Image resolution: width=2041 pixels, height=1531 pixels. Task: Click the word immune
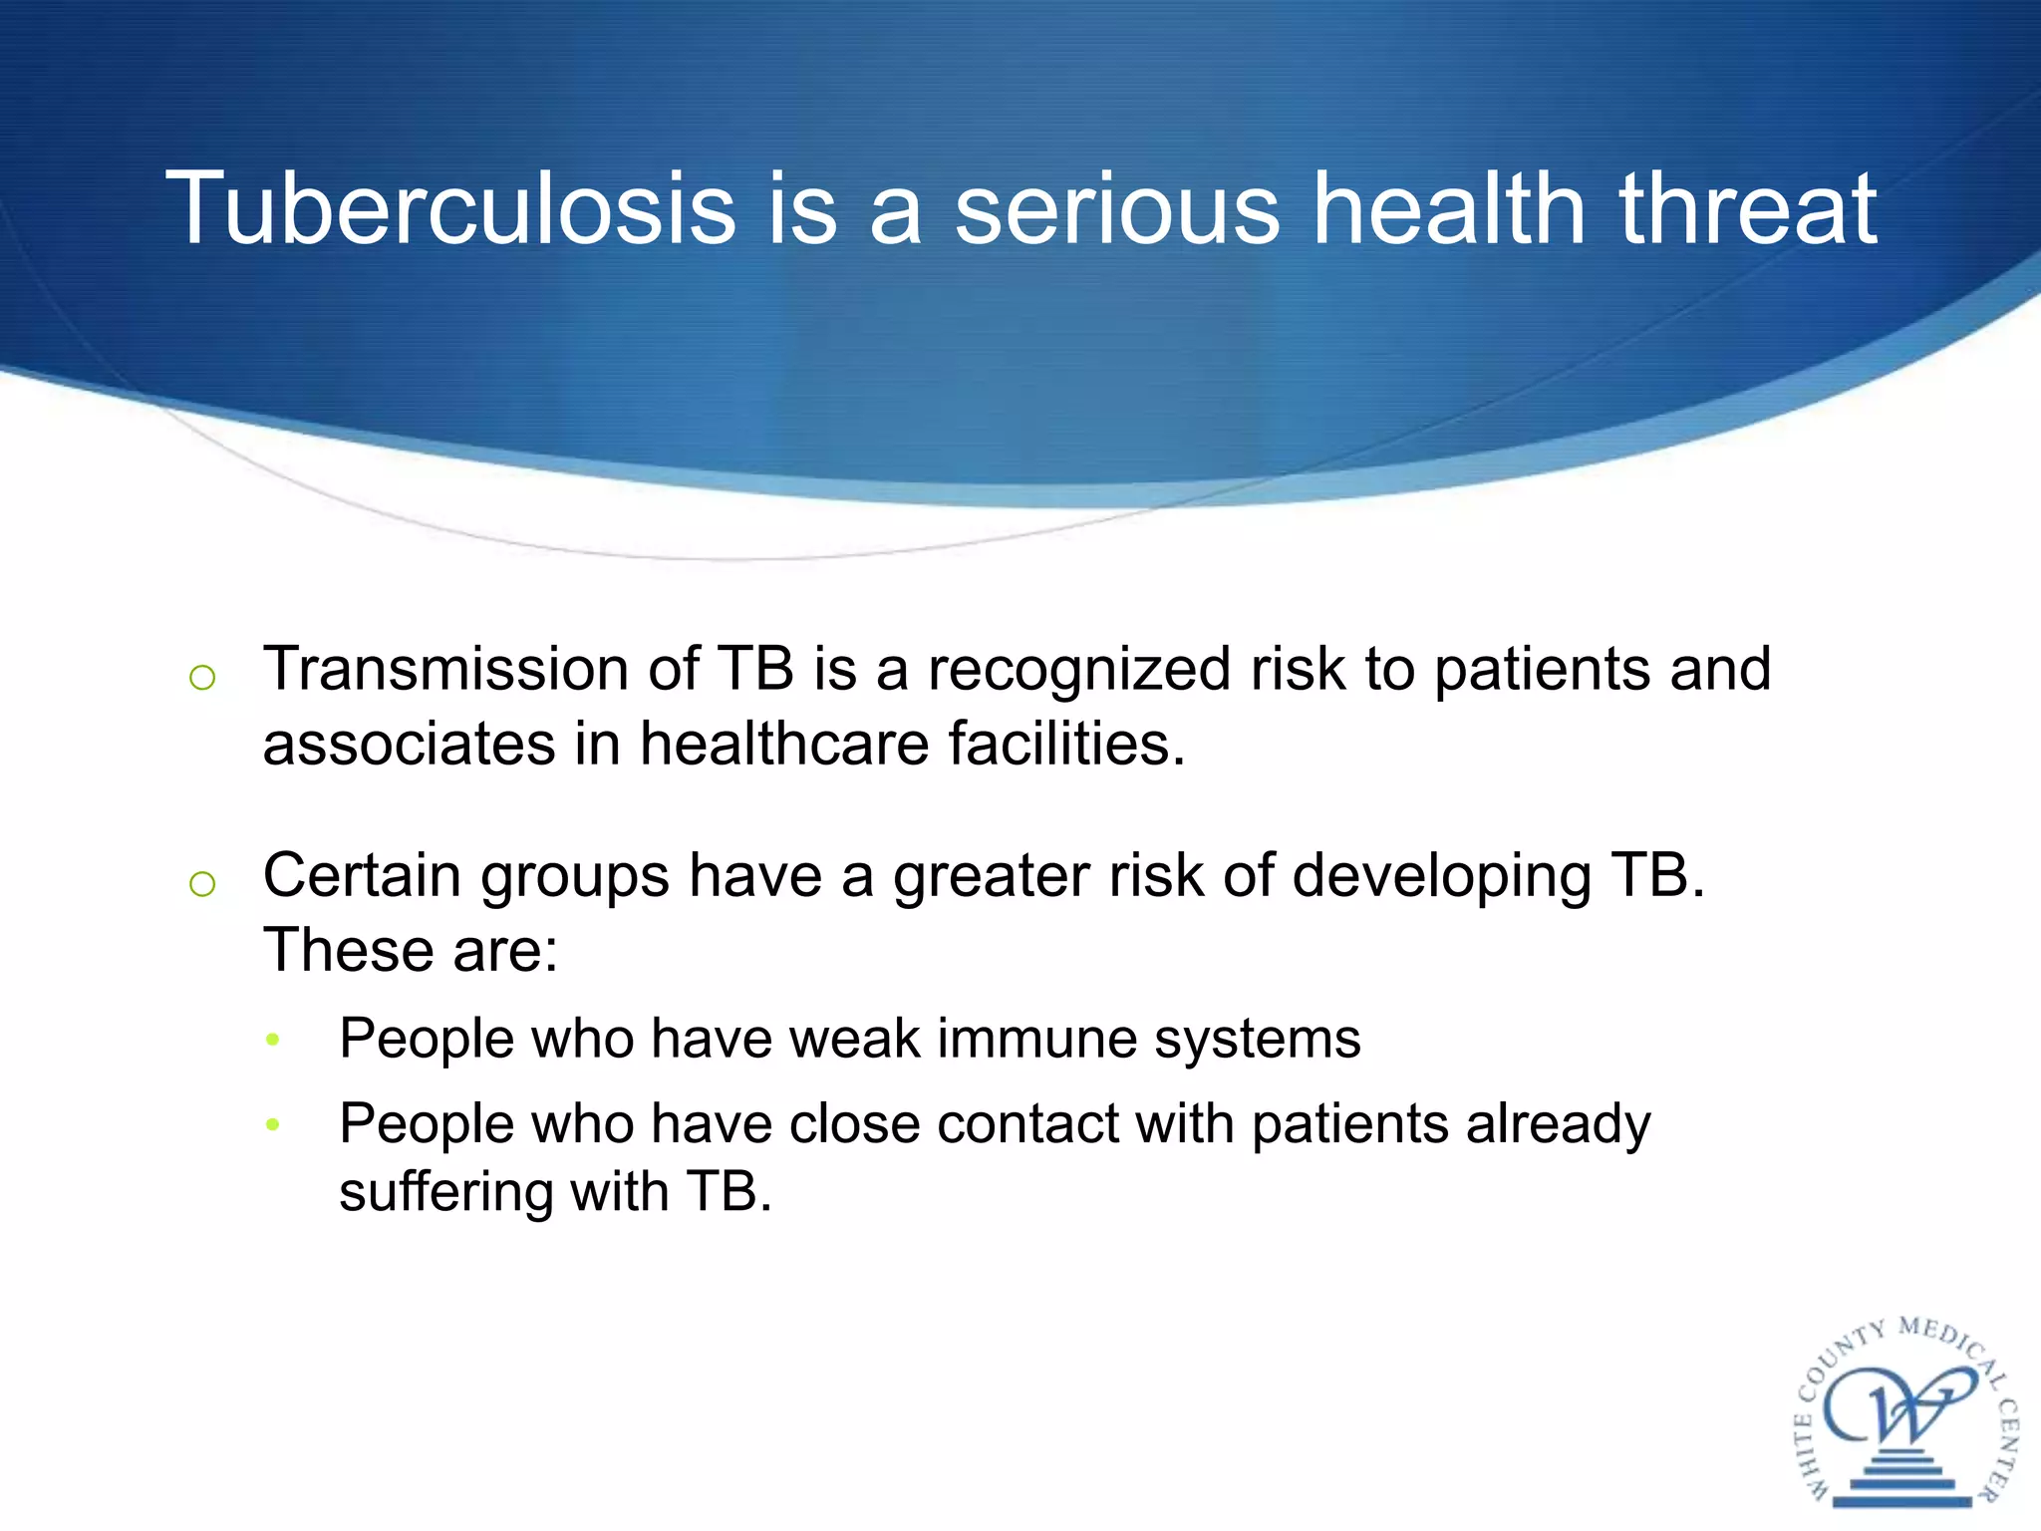pyautogui.click(x=1036, y=1039)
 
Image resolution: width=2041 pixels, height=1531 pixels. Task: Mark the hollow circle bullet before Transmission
pyautogui.click(x=202, y=678)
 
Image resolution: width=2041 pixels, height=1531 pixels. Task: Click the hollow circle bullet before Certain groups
pyautogui.click(x=202, y=883)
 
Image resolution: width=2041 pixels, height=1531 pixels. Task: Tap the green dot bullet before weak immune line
pyautogui.click(x=274, y=1041)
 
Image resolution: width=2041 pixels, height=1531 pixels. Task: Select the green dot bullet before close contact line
pyautogui.click(x=274, y=1125)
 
